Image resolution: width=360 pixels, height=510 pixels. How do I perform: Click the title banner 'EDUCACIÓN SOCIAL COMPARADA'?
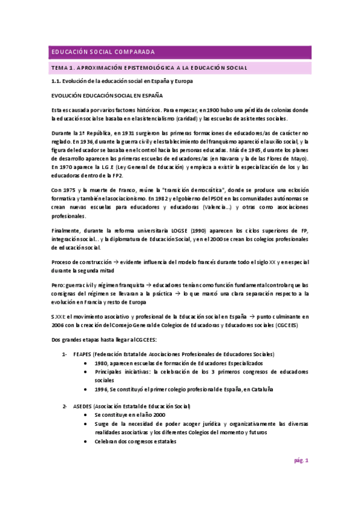tap(103, 52)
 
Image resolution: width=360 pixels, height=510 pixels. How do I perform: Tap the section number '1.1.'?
tap(56, 81)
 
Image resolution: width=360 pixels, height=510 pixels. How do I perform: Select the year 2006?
tap(58, 325)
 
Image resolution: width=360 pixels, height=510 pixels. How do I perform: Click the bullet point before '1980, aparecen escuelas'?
tap(88, 363)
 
